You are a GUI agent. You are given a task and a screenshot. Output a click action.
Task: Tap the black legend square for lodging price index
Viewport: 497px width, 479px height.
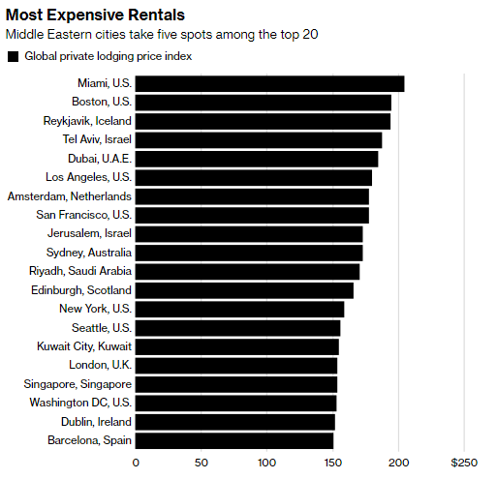pyautogui.click(x=13, y=56)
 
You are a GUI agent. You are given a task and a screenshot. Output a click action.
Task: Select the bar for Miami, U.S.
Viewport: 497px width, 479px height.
pyautogui.click(x=269, y=84)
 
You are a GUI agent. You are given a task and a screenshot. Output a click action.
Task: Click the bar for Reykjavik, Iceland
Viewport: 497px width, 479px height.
pyautogui.click(x=263, y=121)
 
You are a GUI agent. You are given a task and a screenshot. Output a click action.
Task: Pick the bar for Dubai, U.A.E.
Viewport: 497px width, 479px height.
pyautogui.click(x=257, y=159)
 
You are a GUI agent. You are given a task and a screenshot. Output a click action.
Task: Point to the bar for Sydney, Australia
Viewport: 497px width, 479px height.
pyautogui.click(x=249, y=253)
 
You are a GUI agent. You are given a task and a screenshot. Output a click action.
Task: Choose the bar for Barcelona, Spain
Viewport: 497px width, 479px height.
pyautogui.click(x=234, y=440)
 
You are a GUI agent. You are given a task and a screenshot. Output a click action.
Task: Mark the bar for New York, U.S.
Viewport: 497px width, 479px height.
pyautogui.click(x=239, y=309)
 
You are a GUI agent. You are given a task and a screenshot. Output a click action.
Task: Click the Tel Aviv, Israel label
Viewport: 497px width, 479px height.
pyautogui.click(x=97, y=140)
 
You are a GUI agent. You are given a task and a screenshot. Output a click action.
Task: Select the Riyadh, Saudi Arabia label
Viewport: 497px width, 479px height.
pyautogui.click(x=80, y=271)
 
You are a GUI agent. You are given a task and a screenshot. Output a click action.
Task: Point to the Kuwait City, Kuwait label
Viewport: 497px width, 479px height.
pyautogui.click(x=86, y=346)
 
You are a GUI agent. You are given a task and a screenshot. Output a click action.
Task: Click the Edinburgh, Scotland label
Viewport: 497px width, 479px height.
pyautogui.click(x=81, y=290)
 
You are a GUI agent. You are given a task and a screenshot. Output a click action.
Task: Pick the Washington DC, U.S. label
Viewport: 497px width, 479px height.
pyautogui.click(x=80, y=403)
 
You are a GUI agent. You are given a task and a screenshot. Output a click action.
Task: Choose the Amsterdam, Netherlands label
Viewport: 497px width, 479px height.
pyautogui.click(x=69, y=196)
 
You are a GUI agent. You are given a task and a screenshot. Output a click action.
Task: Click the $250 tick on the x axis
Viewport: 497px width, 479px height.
pyautogui.click(x=464, y=463)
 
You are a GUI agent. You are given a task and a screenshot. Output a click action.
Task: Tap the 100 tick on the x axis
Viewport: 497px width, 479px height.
pyautogui.click(x=266, y=463)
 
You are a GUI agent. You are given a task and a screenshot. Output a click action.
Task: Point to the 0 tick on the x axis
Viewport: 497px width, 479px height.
pyautogui.click(x=136, y=463)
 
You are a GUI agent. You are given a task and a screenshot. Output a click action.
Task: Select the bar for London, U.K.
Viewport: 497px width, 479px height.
pyautogui.click(x=236, y=365)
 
